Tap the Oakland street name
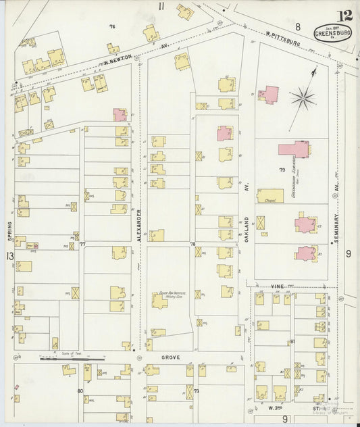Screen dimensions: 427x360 [x=247, y=230]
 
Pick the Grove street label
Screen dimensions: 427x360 [x=171, y=355]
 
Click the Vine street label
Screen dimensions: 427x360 [x=278, y=286]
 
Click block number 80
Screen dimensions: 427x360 [x=80, y=391]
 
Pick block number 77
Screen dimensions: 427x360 [x=82, y=245]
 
